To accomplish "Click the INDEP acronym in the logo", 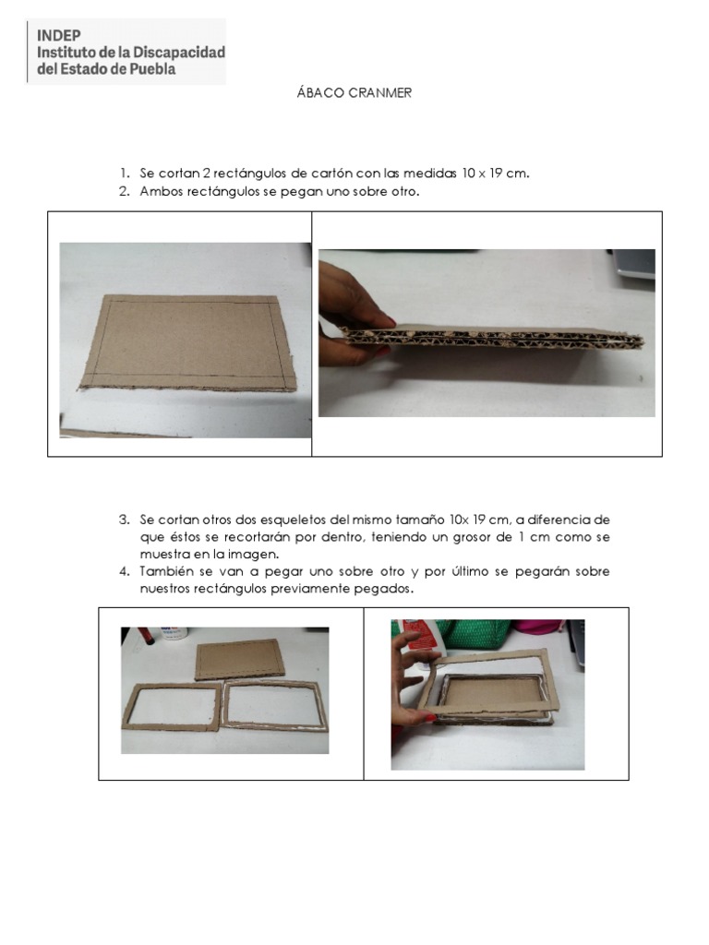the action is pos(58,36).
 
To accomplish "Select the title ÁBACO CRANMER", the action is pos(354,93).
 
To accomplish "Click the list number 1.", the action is pos(124,173).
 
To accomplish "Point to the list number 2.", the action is pos(124,191).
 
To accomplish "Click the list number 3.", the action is pos(124,520).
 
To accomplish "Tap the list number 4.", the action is pos(124,571).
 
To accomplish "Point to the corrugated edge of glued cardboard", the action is pos(491,338).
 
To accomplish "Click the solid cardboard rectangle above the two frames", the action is pos(239,659).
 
